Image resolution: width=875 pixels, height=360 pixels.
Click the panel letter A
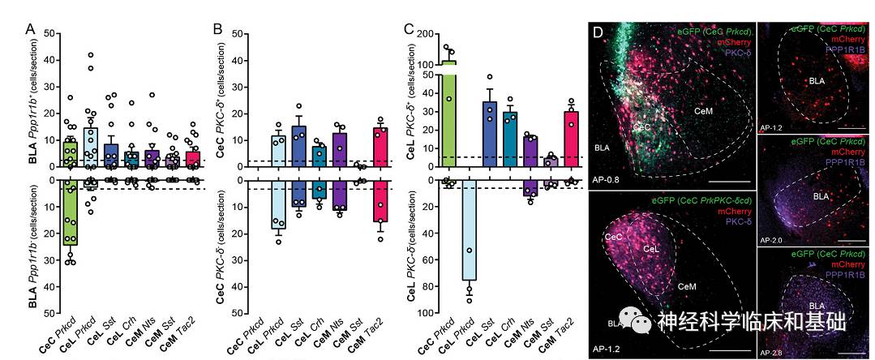tap(30, 29)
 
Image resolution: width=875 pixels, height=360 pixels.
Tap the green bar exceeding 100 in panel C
tap(447, 114)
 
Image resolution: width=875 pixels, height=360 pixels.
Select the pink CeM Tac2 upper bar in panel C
tap(572, 139)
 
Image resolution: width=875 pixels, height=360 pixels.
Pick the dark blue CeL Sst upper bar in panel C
tap(489, 135)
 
